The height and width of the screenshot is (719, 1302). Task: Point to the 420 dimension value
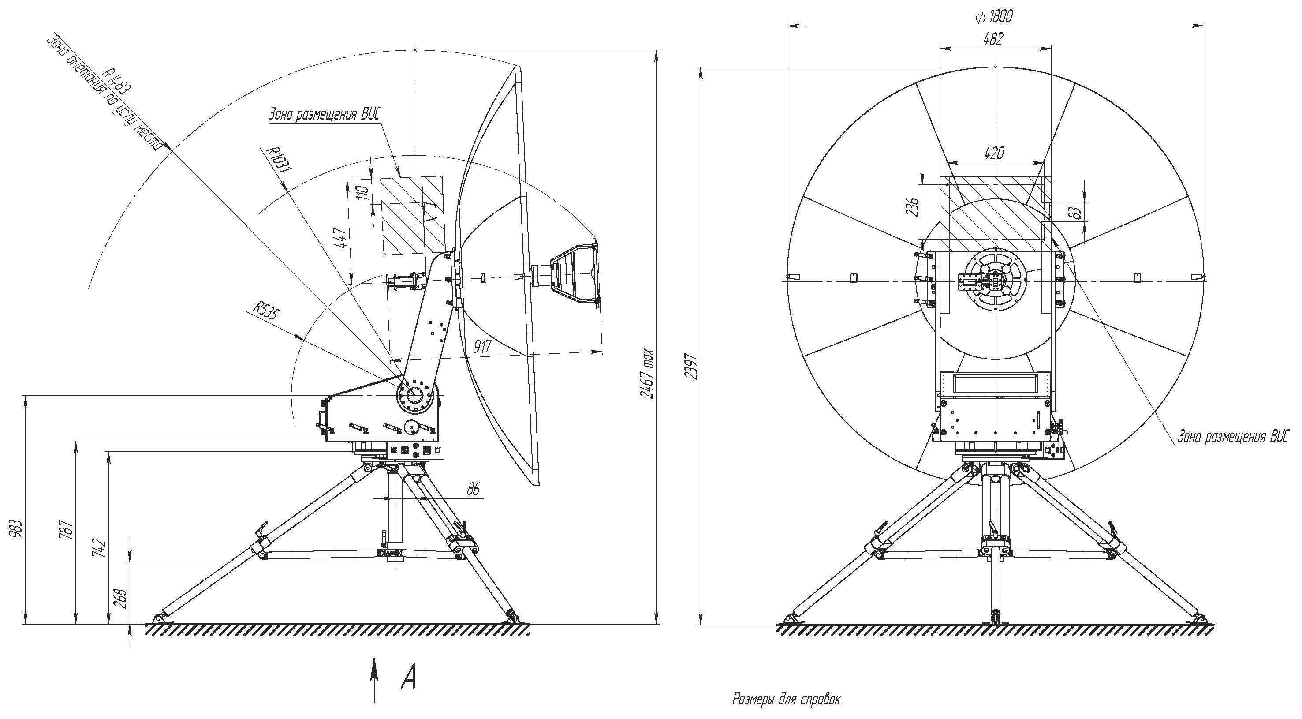(x=994, y=153)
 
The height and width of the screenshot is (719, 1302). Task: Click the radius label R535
(x=266, y=311)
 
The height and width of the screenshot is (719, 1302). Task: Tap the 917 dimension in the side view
(x=482, y=346)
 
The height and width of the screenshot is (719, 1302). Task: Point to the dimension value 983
(x=17, y=528)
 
